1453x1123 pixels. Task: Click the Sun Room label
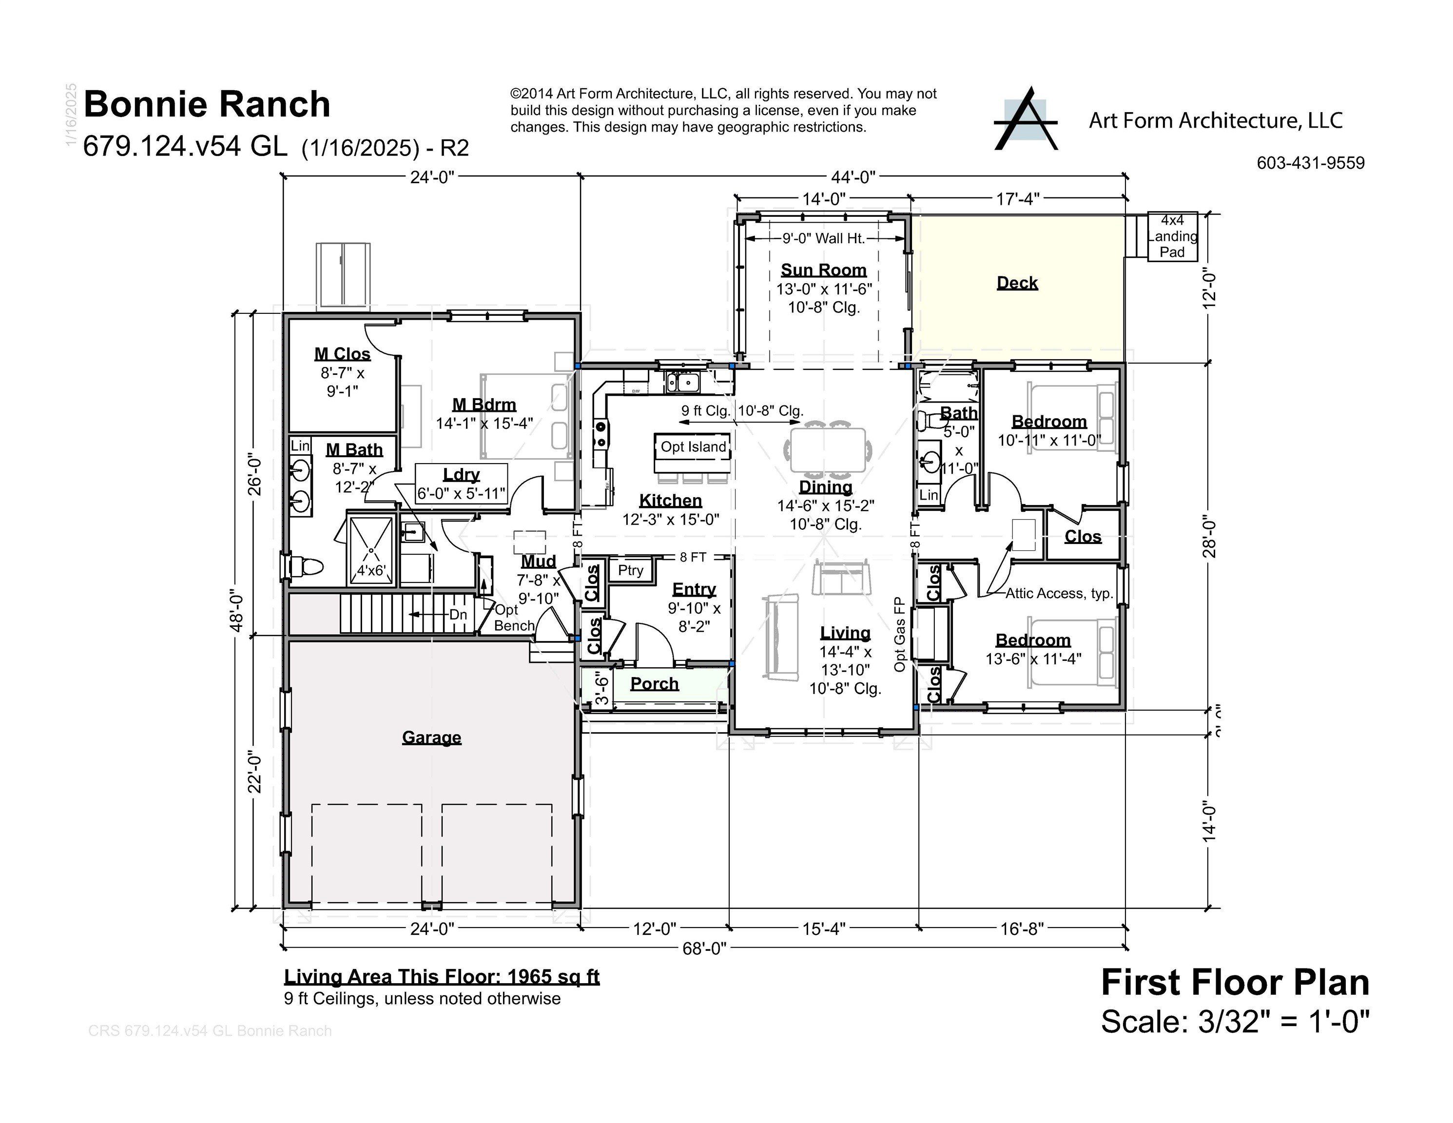coord(824,270)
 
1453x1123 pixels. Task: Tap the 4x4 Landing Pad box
coord(1172,236)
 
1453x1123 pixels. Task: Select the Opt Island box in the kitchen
coord(693,446)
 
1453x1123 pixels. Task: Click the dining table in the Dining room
coord(828,450)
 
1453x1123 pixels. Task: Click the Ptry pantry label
coord(630,570)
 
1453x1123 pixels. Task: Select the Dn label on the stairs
coord(458,615)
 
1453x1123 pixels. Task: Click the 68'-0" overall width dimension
coord(704,948)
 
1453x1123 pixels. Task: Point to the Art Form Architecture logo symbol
coord(1025,120)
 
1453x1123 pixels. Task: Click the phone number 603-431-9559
coord(1310,163)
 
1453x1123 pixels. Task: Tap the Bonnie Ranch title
coord(207,104)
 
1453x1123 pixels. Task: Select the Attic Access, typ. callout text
coord(1059,594)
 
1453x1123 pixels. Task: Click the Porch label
coord(654,684)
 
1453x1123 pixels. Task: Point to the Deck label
coord(1017,283)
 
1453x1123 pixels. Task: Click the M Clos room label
coord(342,354)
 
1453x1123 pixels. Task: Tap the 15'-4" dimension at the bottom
coord(824,928)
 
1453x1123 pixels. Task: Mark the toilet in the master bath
coord(308,567)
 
